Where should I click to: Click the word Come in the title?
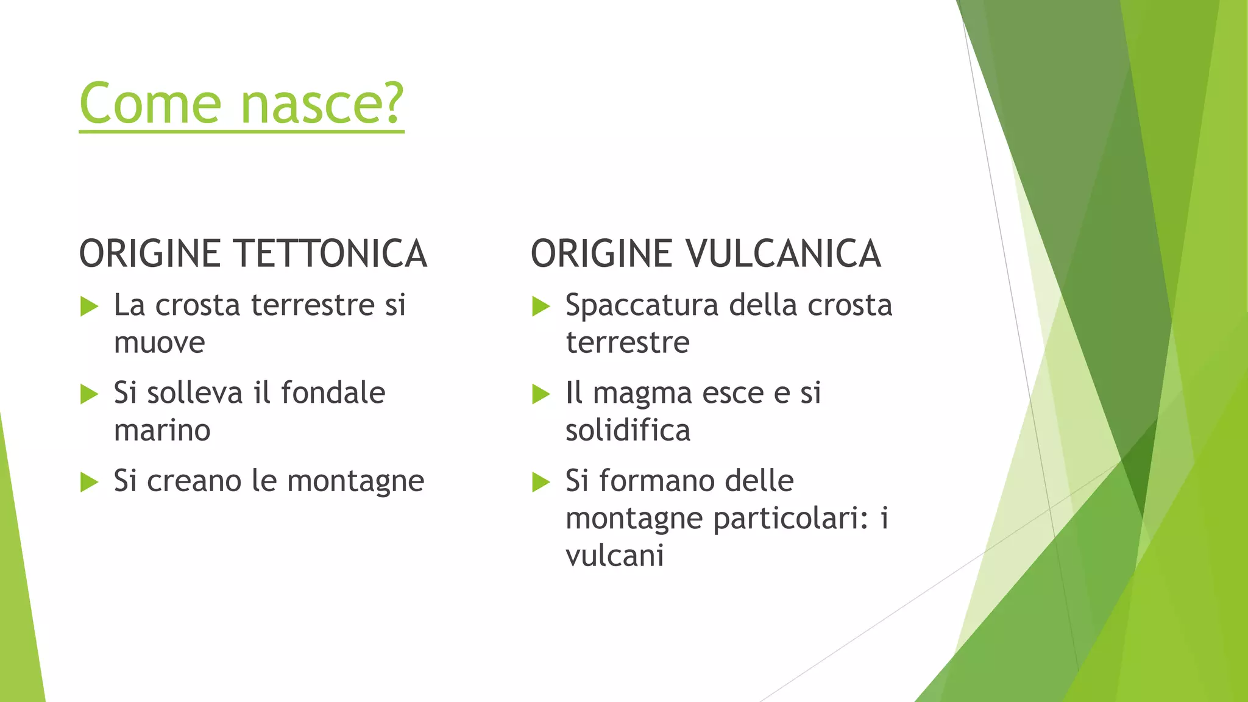150,104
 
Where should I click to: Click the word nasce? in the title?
322,104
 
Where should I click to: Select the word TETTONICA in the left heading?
330,254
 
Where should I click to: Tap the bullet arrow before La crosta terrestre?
89,306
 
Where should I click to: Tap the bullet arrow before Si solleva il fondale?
89,394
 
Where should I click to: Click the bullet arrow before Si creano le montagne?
89,482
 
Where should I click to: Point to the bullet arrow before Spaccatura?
541,306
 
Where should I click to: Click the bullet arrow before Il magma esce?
541,394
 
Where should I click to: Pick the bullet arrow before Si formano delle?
541,482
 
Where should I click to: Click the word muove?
159,343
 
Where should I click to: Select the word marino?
162,431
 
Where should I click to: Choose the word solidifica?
628,431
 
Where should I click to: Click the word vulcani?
614,556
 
